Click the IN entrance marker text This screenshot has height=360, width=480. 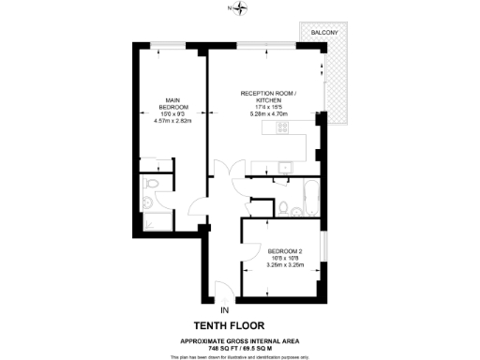pyautogui.click(x=223, y=309)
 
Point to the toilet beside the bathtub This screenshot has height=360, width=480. pyautogui.click(x=282, y=207)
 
